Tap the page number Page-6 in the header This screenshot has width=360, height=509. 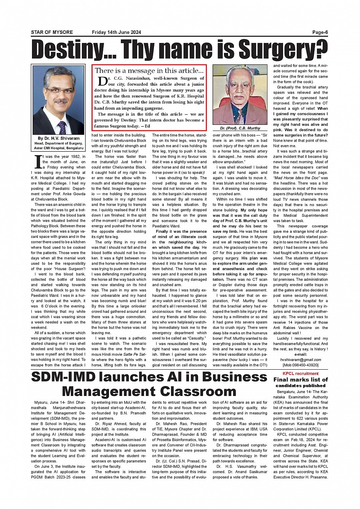click(320, 32)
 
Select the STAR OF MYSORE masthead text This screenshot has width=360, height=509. click(52, 32)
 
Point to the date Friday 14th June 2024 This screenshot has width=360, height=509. click(117, 32)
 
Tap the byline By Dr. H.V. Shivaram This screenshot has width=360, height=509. click(59, 138)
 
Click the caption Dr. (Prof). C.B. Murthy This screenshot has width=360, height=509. click(240, 128)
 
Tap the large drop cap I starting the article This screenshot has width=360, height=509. click(38, 162)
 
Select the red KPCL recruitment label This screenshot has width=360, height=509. click(301, 373)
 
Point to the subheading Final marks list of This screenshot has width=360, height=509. click(301, 380)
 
